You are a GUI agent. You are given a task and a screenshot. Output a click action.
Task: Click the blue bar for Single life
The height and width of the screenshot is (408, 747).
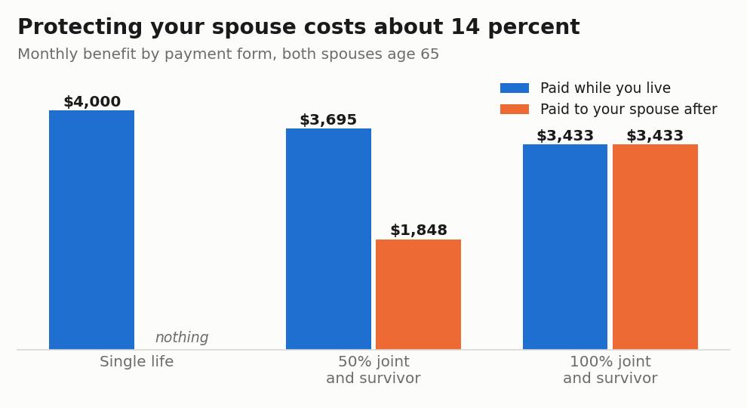(x=91, y=230)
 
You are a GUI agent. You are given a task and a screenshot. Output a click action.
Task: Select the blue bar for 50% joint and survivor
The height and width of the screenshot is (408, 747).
(x=328, y=239)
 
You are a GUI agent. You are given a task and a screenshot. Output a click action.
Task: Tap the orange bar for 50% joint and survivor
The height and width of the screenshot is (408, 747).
(x=418, y=294)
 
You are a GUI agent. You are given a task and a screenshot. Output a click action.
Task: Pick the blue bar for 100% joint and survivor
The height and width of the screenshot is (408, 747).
(x=565, y=247)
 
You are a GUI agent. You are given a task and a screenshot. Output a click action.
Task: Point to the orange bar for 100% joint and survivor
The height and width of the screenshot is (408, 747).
(x=655, y=247)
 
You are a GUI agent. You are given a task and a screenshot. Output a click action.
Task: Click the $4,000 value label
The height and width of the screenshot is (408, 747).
(x=92, y=102)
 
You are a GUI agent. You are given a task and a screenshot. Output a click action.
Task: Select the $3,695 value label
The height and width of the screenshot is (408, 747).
(x=328, y=120)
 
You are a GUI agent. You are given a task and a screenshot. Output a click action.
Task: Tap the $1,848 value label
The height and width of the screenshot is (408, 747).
(x=419, y=230)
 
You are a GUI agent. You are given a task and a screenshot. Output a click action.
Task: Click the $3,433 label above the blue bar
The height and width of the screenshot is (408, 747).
(x=565, y=135)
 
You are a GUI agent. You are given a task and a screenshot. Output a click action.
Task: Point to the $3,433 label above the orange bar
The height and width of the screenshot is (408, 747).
(x=655, y=135)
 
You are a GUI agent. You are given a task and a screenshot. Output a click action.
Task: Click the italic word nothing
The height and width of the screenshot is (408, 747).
(x=182, y=338)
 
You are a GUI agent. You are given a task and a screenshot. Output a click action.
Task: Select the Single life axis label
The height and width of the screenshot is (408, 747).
(x=137, y=362)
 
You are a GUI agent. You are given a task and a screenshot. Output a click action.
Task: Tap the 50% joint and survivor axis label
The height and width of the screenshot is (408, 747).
(x=373, y=369)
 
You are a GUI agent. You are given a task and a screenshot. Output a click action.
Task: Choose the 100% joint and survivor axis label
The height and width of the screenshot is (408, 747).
(x=610, y=369)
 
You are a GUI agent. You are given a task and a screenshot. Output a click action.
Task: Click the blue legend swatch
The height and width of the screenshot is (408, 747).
(x=515, y=88)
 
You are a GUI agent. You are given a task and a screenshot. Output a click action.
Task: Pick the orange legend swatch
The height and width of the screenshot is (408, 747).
(x=515, y=110)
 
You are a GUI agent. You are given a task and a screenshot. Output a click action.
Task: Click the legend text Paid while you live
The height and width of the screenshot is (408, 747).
(x=605, y=88)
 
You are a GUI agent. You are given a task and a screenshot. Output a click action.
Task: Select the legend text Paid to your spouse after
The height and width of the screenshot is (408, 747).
(x=629, y=110)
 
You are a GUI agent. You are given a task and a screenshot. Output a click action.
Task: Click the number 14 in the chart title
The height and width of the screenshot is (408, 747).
(x=465, y=26)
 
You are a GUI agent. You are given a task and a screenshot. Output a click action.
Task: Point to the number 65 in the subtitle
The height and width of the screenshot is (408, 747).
(x=430, y=54)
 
